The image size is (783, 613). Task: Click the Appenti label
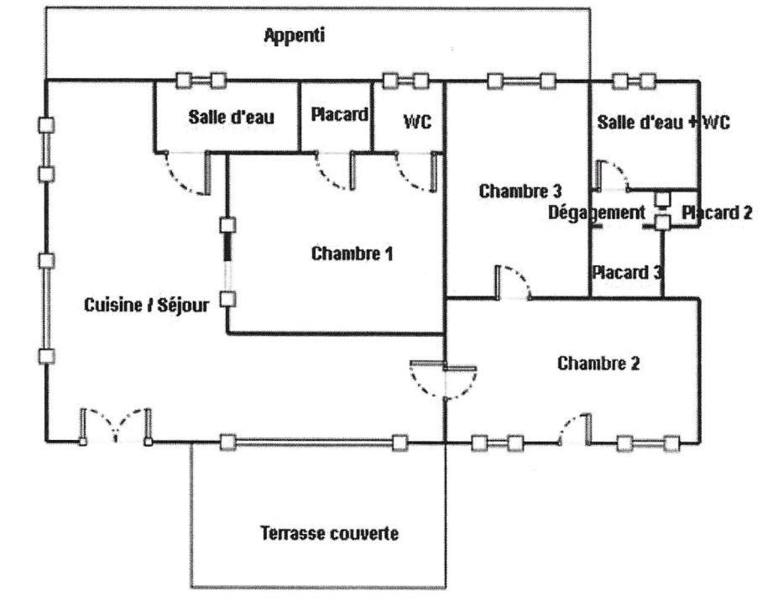point(294,35)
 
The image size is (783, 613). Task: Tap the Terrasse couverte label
point(329,533)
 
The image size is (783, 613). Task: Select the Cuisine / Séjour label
point(146,305)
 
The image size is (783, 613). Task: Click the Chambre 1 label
point(352,254)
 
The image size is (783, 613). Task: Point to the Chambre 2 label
point(598,364)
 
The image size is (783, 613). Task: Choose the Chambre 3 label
point(519,191)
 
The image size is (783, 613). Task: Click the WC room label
point(417,122)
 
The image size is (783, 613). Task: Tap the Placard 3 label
point(627,272)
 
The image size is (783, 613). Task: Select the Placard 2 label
point(717,212)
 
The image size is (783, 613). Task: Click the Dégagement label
point(597,212)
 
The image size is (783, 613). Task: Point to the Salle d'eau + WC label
point(664,122)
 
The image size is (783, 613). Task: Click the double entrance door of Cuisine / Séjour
point(116,426)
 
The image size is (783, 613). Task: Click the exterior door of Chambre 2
point(574,428)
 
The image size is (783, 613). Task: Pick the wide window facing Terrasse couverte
point(314,443)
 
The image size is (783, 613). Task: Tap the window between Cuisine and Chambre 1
point(228,262)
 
